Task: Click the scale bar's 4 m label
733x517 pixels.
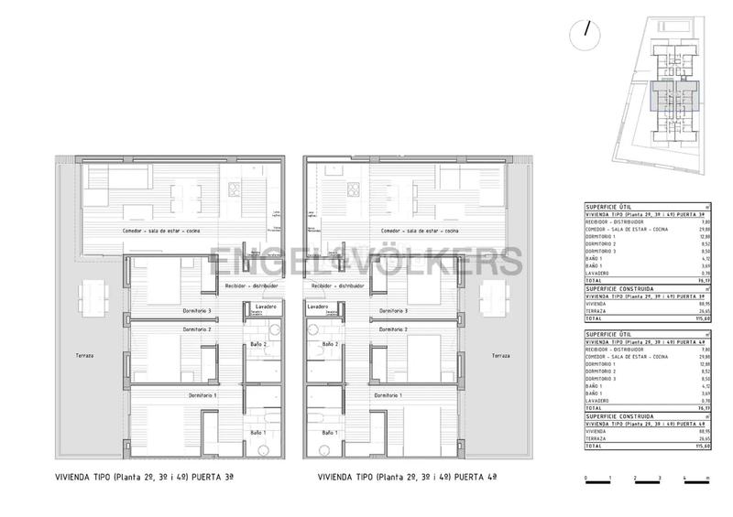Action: coord(684,479)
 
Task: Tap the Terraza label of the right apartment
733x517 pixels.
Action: coord(500,355)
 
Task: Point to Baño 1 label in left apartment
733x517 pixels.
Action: coord(257,432)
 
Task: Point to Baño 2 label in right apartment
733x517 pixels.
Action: coord(329,344)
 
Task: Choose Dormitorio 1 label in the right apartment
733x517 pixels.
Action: coord(388,395)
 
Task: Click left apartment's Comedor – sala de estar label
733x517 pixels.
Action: coord(162,232)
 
